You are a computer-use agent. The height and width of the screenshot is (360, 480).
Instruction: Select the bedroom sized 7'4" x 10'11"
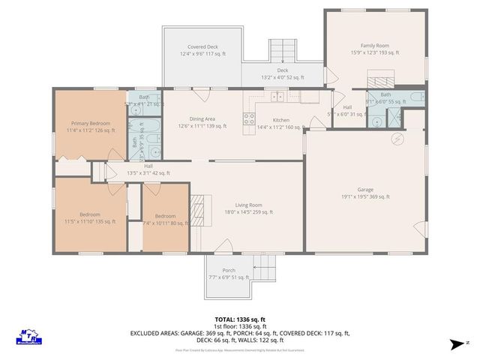pyautogui.click(x=165, y=218)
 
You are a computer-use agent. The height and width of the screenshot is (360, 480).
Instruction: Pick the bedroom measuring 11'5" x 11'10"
pyautogui.click(x=90, y=218)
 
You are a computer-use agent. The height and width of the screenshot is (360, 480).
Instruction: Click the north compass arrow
pyautogui.click(x=456, y=343)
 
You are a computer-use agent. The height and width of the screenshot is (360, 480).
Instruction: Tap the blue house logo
pyautogui.click(x=28, y=336)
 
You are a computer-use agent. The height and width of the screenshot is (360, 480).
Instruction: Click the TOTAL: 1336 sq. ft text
pyautogui.click(x=240, y=319)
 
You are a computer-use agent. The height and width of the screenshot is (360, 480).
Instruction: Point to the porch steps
pyautogui.click(x=265, y=265)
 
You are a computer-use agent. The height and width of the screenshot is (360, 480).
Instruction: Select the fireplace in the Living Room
pyautogui.click(x=198, y=205)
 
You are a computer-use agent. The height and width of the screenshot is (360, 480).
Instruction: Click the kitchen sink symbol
pyautogui.click(x=278, y=96)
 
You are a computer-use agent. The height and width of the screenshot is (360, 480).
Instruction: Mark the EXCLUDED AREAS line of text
pyautogui.click(x=240, y=333)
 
